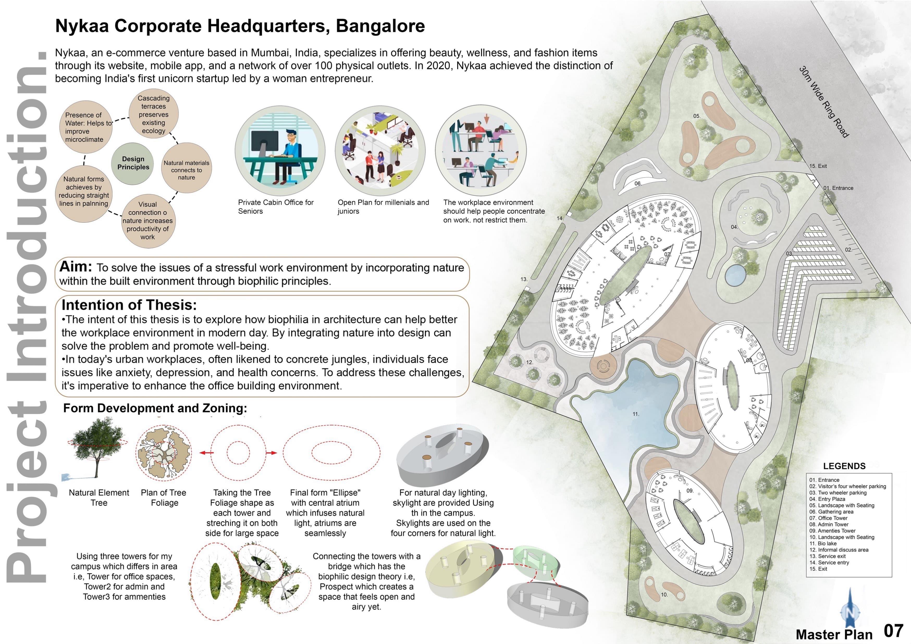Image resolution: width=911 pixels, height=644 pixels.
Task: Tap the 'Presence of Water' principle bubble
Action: point(84,127)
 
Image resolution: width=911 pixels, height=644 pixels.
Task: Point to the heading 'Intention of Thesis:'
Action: point(129,305)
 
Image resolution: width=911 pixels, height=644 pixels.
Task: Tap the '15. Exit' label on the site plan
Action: point(818,166)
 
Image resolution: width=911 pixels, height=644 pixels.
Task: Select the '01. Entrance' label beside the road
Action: point(838,188)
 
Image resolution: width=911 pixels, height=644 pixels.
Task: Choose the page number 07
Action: point(894,630)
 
